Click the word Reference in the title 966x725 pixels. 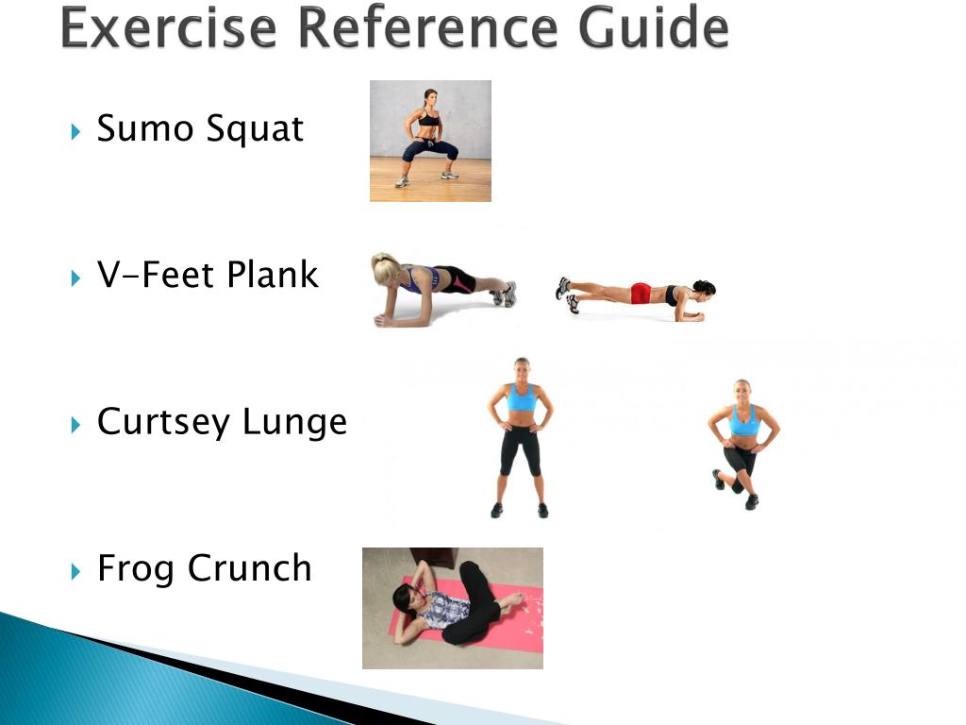pyautogui.click(x=425, y=28)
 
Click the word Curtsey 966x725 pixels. pyautogui.click(x=164, y=422)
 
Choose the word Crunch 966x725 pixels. pyautogui.click(x=249, y=568)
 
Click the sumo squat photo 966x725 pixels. pyautogui.click(x=430, y=141)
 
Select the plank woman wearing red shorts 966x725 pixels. pyautogui.click(x=638, y=295)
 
